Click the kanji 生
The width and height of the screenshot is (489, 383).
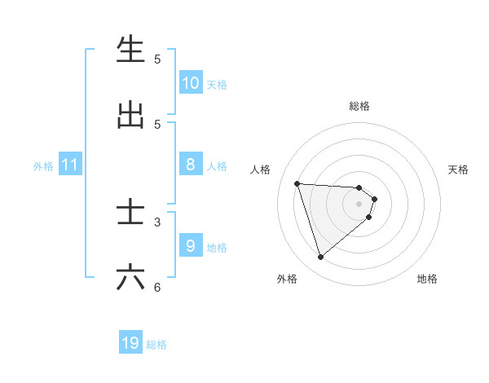click(130, 50)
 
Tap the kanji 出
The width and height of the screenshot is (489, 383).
click(130, 116)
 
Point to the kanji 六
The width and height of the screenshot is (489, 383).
click(130, 278)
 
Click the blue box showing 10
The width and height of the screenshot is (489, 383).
click(191, 83)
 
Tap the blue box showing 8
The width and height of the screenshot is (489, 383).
click(191, 165)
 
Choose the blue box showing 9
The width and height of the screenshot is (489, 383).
click(191, 246)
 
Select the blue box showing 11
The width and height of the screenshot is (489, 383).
click(70, 165)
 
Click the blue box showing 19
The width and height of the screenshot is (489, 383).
click(130, 343)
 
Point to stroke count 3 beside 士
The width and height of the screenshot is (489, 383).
click(157, 222)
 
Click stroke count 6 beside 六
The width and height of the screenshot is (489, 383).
click(157, 287)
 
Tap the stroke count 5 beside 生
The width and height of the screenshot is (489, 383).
click(157, 59)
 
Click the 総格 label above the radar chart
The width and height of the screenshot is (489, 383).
click(359, 106)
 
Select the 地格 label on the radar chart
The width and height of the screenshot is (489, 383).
click(427, 279)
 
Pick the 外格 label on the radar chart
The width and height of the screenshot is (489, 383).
click(287, 279)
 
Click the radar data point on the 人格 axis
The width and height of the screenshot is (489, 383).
click(297, 183)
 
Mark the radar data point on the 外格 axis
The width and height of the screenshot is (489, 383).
click(320, 258)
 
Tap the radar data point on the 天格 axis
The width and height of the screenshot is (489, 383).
click(375, 199)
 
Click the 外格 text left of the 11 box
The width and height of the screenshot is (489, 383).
click(43, 166)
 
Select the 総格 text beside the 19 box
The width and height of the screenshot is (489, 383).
click(156, 345)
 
